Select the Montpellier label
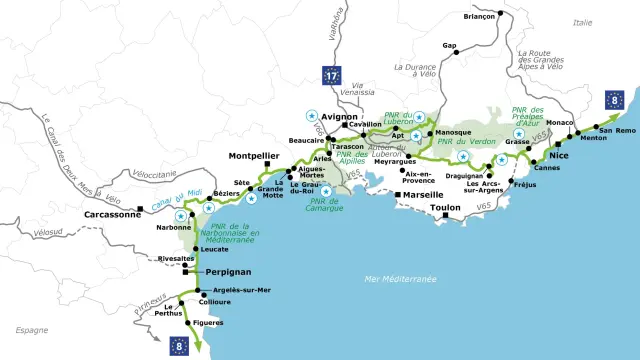[x=253, y=155]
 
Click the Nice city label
[x=560, y=157]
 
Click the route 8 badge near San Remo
[x=616, y=100]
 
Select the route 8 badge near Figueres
[x=180, y=345]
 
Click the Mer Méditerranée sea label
[x=400, y=279]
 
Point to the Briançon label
[x=480, y=17]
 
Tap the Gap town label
[x=450, y=46]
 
